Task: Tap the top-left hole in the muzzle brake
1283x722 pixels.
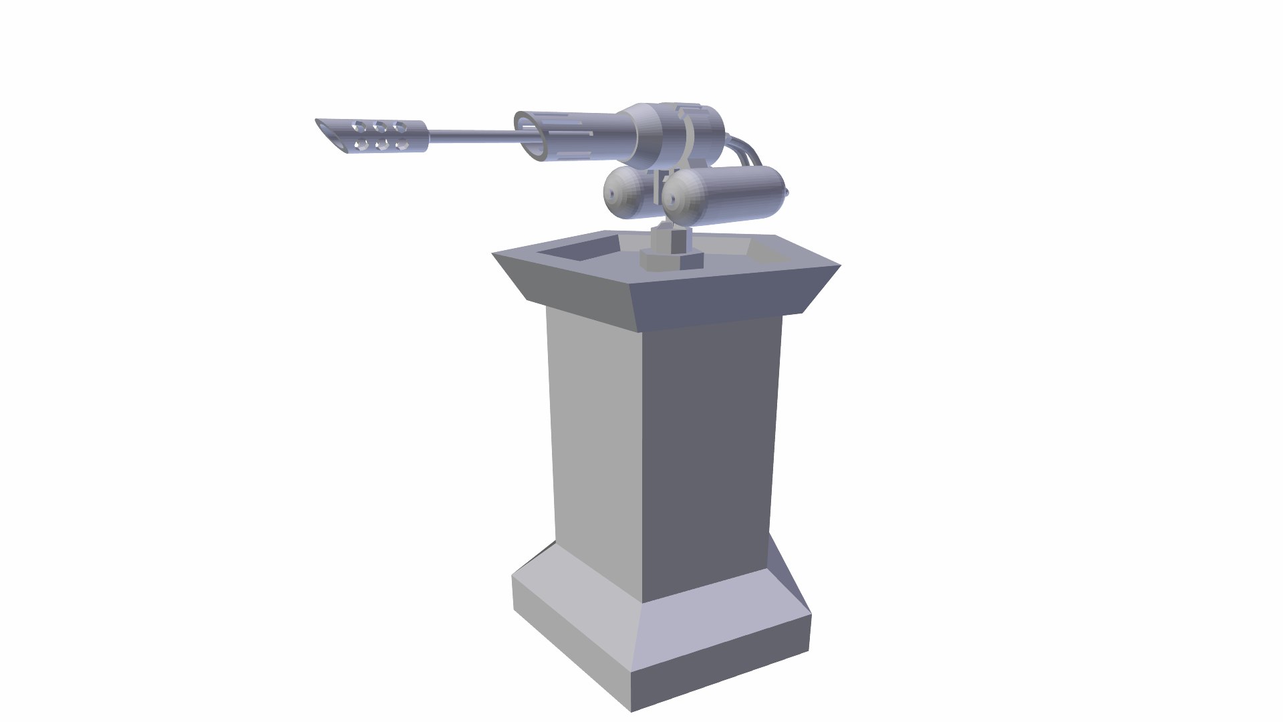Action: (x=360, y=126)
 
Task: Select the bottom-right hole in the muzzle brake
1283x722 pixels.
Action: (x=402, y=144)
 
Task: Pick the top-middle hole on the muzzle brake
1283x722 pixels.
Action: (x=380, y=126)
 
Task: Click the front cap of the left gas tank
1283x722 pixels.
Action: (x=613, y=193)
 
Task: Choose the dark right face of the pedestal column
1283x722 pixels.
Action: (x=708, y=455)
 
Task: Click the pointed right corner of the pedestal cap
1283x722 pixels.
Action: (x=839, y=266)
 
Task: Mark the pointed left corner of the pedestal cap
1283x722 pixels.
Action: (x=494, y=254)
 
